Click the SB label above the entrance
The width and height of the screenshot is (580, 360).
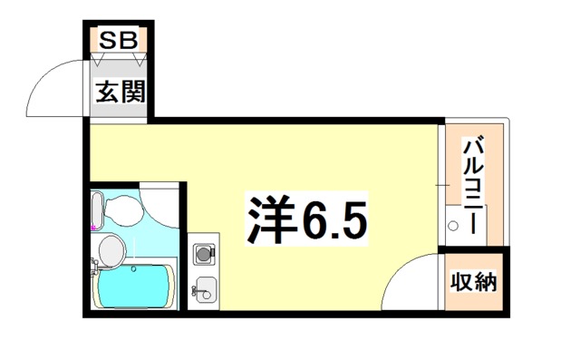click(x=119, y=40)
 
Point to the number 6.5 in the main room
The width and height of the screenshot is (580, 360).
click(x=334, y=219)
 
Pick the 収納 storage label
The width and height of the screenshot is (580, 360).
click(x=473, y=282)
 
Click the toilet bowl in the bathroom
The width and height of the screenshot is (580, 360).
click(x=123, y=210)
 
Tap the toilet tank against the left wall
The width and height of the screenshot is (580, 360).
click(x=97, y=210)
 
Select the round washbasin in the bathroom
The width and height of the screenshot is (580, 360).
click(x=112, y=250)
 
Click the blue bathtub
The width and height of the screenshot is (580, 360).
click(x=134, y=286)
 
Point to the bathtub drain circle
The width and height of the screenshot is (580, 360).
click(x=133, y=269)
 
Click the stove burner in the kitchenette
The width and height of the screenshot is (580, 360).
click(x=204, y=254)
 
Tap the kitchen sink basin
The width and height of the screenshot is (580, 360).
click(x=206, y=289)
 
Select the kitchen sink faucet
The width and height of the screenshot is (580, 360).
click(x=195, y=290)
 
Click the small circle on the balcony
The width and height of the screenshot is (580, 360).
click(x=453, y=225)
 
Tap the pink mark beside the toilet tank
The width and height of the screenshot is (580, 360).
click(x=93, y=227)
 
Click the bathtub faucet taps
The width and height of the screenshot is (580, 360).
click(x=94, y=266)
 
